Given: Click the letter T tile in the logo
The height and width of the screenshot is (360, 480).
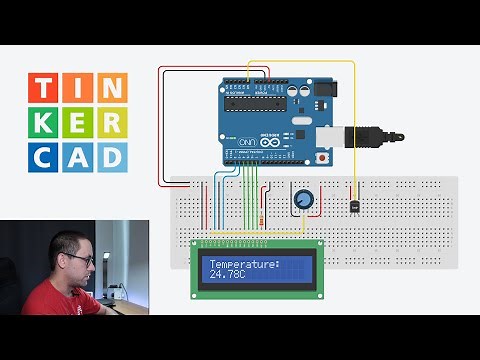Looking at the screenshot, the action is pyautogui.click(x=43, y=88).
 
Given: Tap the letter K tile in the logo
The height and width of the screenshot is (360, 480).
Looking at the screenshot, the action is pyautogui.click(x=43, y=122).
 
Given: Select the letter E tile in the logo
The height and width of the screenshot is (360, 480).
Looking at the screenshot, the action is pyautogui.click(x=78, y=122).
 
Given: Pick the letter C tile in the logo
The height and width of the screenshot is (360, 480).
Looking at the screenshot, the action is pyautogui.click(x=43, y=156).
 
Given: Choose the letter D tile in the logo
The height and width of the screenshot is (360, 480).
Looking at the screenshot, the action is pyautogui.click(x=113, y=156).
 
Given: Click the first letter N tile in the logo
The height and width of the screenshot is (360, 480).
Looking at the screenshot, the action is pyautogui.click(x=113, y=88).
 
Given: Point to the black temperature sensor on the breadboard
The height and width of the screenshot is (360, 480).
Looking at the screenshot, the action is pyautogui.click(x=356, y=204).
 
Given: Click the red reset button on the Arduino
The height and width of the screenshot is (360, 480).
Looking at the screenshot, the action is pyautogui.click(x=322, y=158).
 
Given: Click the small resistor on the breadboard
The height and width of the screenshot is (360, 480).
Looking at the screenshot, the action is pyautogui.click(x=261, y=218).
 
